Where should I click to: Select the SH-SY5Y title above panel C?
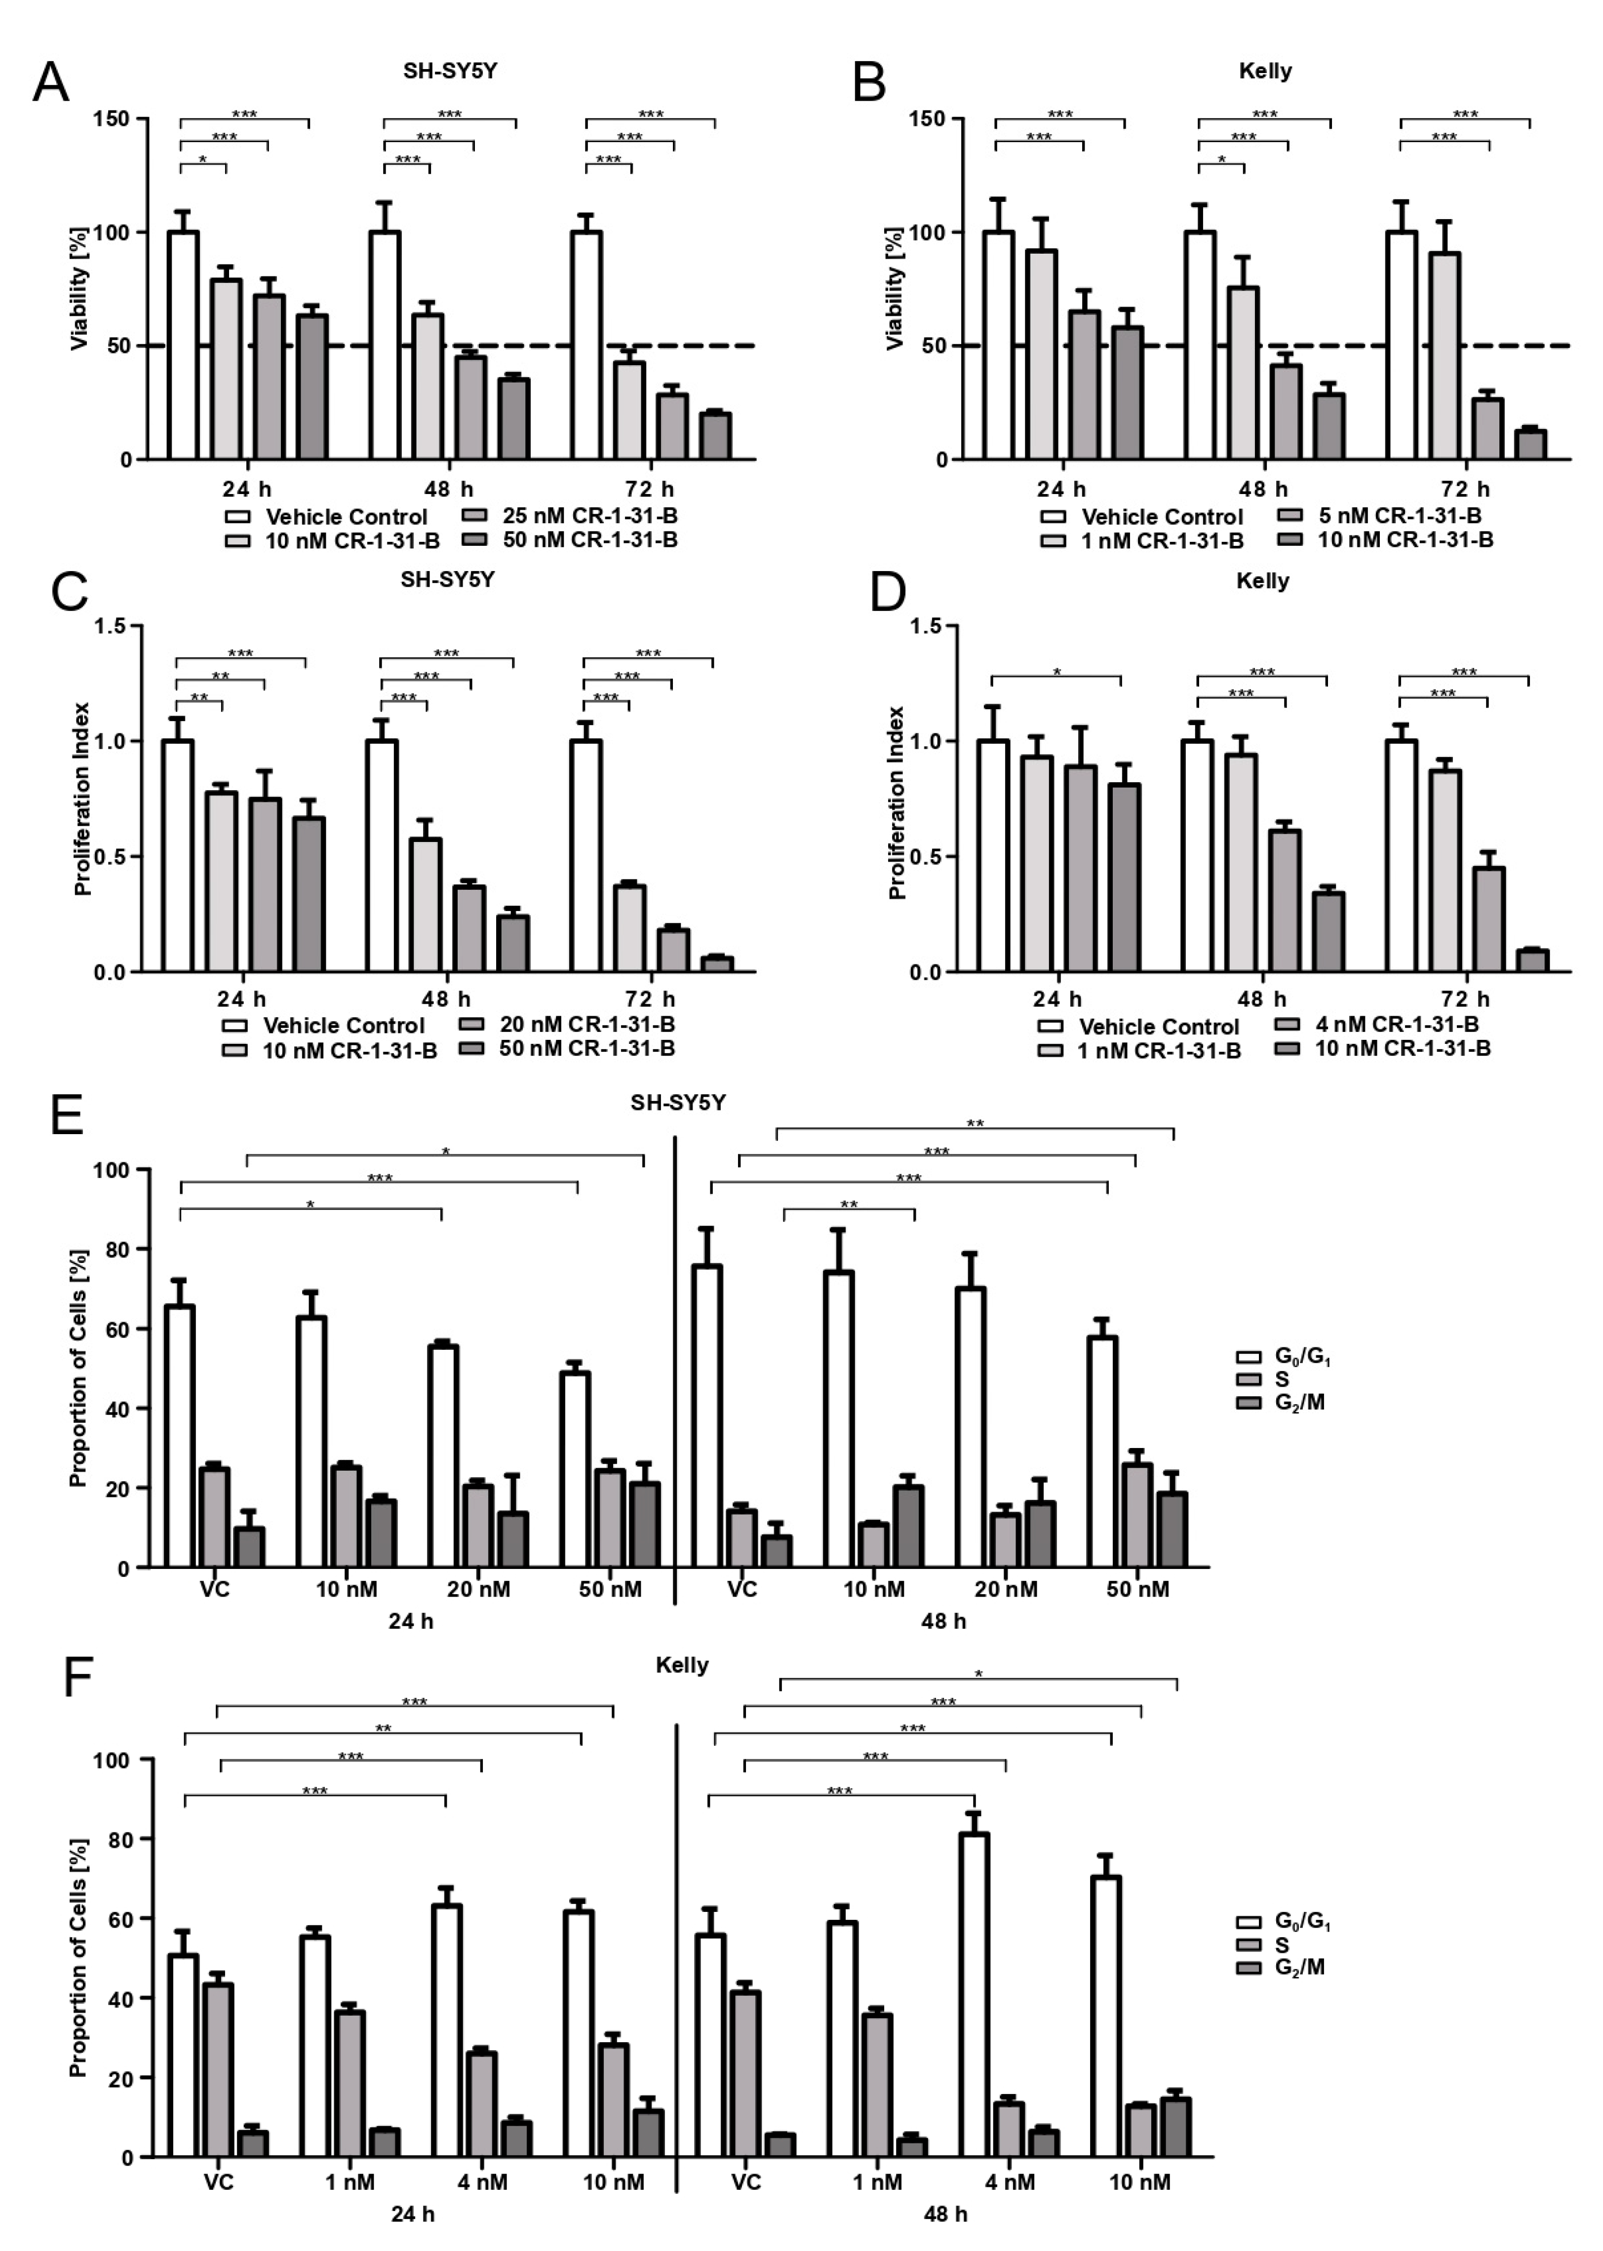point(447,579)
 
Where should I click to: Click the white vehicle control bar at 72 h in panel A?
point(586,345)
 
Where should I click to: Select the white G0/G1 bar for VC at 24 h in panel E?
point(180,1436)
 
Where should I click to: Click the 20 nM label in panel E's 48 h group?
point(1006,1589)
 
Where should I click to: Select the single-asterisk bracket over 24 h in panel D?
point(1056,676)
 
